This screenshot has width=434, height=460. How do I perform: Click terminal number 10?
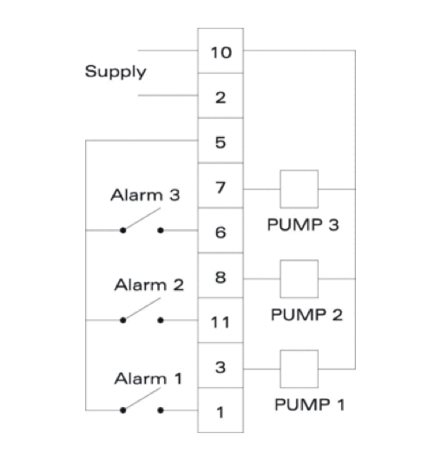[x=221, y=53]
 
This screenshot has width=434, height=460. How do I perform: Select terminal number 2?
[x=220, y=98]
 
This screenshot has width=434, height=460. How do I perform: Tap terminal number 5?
[x=220, y=142]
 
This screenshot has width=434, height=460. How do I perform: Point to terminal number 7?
[x=220, y=187]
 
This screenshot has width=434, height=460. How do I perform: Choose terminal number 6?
[x=220, y=233]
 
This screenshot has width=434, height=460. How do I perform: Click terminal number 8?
[x=220, y=278]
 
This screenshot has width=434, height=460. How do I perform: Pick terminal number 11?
[x=220, y=322]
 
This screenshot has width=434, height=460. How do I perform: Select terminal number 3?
[x=220, y=367]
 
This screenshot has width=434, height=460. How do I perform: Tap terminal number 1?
[x=220, y=412]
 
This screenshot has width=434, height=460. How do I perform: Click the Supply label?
[x=115, y=72]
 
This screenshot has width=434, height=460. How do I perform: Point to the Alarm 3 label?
[x=145, y=195]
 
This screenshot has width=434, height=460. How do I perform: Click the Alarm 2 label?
[x=149, y=285]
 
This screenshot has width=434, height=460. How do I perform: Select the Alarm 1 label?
[x=148, y=378]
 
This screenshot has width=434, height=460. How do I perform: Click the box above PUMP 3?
[x=299, y=170]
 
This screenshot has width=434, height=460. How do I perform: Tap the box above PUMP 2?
[x=299, y=260]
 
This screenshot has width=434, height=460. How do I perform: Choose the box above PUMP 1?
[x=299, y=351]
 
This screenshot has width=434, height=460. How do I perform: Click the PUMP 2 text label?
[x=306, y=315]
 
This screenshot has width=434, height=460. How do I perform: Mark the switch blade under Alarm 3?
[x=142, y=219]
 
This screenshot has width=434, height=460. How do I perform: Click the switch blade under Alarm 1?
[x=142, y=398]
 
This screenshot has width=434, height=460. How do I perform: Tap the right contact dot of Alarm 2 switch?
[x=161, y=320]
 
